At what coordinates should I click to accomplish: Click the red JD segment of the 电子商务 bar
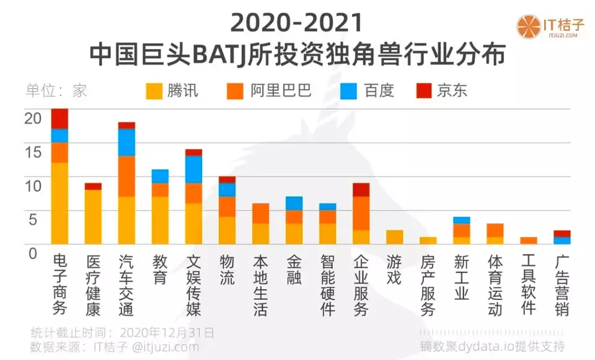point(59,118)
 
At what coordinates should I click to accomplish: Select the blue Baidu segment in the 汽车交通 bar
point(126,142)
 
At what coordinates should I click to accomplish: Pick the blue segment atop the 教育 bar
point(160,175)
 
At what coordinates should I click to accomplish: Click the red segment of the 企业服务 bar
point(361,189)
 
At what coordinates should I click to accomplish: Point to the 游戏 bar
point(394,237)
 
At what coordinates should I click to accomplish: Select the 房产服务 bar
point(428,240)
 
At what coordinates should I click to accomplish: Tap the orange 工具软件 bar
point(528,240)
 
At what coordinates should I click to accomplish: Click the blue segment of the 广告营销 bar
point(562,240)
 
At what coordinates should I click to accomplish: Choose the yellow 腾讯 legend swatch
point(153,91)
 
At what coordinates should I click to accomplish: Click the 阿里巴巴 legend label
point(281,91)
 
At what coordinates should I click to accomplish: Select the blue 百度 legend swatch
point(349,91)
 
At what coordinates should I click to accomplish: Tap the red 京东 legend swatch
point(423,91)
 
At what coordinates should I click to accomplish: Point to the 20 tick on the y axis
point(32,118)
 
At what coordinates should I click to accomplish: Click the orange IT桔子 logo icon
point(529,27)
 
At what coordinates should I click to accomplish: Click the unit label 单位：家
point(56,91)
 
